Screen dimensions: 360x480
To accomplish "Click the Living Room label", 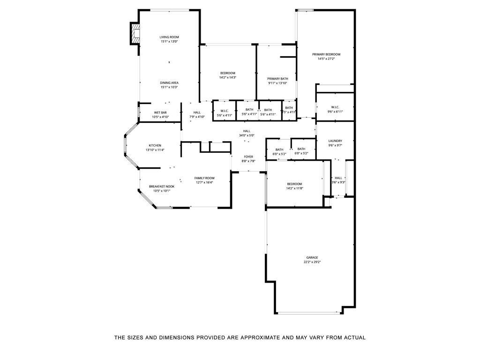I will point(169,37).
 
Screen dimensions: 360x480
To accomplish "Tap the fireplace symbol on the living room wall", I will point(135,34).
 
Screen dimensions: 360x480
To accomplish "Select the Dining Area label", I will point(169,82).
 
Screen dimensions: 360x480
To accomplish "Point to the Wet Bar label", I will point(160,112).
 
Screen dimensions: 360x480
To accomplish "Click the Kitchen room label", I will point(155,145).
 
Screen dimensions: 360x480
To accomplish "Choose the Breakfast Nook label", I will point(162,186).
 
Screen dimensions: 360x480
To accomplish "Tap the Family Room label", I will point(204,178).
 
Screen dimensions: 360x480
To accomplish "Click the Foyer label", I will point(248,157).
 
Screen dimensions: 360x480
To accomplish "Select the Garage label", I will point(312,257).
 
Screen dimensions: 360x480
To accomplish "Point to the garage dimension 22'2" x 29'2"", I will point(312,262).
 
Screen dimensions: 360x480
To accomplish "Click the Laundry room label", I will point(335,141).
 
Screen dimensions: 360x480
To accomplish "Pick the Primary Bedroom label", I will point(326,54).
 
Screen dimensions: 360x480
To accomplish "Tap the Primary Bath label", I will point(277,79).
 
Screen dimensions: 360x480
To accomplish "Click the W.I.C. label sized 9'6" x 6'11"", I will point(335,107).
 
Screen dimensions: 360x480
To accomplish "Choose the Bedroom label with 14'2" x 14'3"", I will point(228,73).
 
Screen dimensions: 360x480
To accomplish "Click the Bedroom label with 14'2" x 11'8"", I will point(294,184).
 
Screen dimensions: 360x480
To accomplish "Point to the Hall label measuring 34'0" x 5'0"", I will point(247,131).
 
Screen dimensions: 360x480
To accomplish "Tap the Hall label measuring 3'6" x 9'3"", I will point(338,178).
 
